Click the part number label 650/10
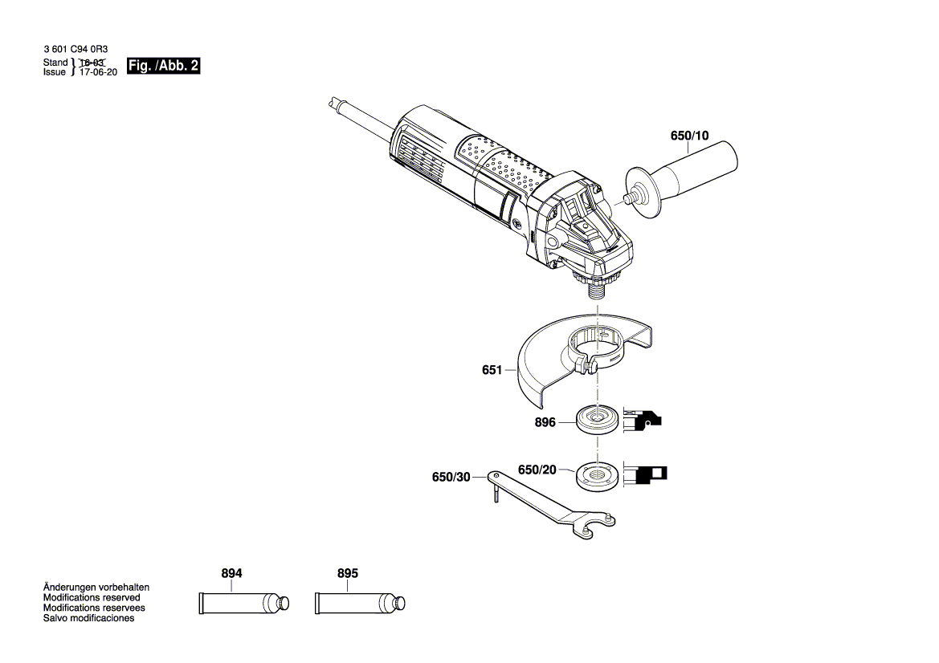tap(689, 136)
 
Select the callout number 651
tap(492, 371)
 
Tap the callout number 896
tap(545, 422)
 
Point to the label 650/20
tap(537, 470)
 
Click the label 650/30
tap(451, 477)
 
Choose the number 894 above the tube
tap(231, 574)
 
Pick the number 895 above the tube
tap(347, 574)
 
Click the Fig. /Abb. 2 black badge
tap(163, 67)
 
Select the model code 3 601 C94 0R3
tap(76, 50)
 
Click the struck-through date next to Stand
tap(92, 63)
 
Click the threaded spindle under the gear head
tap(598, 290)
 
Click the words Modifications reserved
tap(91, 598)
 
